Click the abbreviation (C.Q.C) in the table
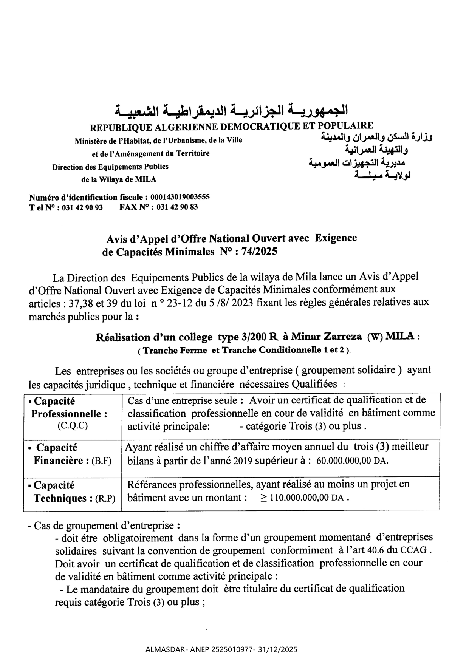click(x=73, y=426)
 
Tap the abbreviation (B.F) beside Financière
click(x=102, y=461)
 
